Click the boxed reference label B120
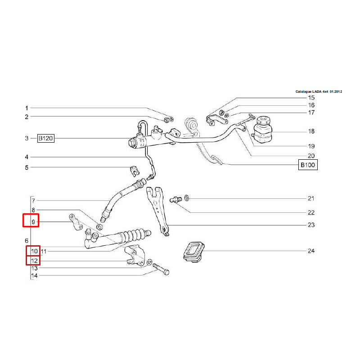tap(46, 138)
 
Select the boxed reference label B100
tap(308, 165)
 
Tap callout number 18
tap(311, 131)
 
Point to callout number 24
tap(311, 251)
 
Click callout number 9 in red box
tap(33, 222)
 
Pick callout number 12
tap(34, 261)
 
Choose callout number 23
tap(311, 225)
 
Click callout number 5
tap(27, 167)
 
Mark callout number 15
tap(311, 98)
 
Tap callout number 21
tap(311, 198)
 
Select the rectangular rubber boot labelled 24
tap(194, 252)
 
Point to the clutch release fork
tap(158, 211)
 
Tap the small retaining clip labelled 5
tap(135, 171)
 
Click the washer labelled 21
tap(187, 198)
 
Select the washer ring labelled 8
tap(99, 227)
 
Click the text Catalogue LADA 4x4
tap(312, 92)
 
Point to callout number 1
tap(27, 108)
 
